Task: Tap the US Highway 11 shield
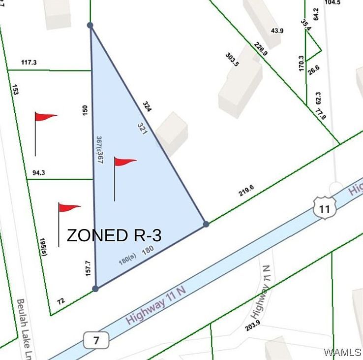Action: coord(324,209)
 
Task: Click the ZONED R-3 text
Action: coord(114,235)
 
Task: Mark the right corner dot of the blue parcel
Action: coord(206,224)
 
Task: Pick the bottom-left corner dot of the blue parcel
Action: coord(95,289)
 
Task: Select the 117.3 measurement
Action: coord(29,63)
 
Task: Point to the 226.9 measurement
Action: coord(261,48)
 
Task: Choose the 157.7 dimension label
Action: coord(89,268)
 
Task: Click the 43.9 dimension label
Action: coord(277,31)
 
